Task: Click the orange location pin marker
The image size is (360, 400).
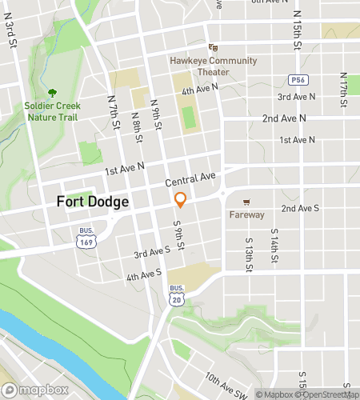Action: coord(181,200)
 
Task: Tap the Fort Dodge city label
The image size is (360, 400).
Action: coord(93,202)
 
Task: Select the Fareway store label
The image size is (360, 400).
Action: coord(246,214)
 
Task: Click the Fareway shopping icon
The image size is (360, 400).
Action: coord(246,202)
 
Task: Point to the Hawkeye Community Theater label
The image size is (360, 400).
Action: coord(213,66)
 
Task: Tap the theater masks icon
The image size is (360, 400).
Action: coord(213,48)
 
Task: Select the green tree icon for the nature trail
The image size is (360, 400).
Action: coord(53,93)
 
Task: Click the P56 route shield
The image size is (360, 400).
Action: coord(298,80)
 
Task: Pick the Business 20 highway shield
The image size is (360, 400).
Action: coord(177,294)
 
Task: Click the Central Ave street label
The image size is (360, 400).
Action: coord(190,178)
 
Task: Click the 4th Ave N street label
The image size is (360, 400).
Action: coord(199,91)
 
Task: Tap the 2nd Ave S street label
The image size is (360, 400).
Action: coord(300,208)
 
